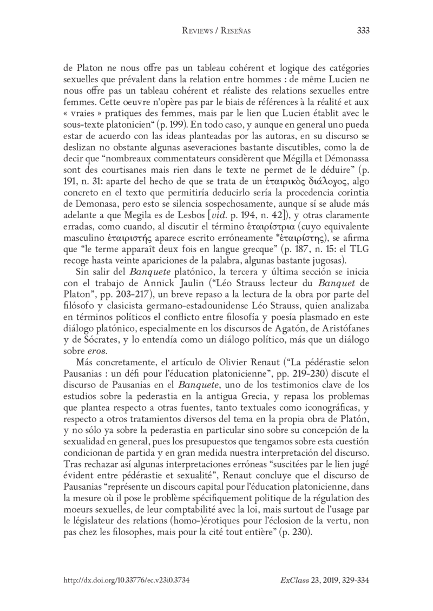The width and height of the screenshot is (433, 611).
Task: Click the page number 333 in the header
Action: point(363,31)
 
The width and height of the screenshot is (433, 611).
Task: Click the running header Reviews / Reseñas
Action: point(216,31)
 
